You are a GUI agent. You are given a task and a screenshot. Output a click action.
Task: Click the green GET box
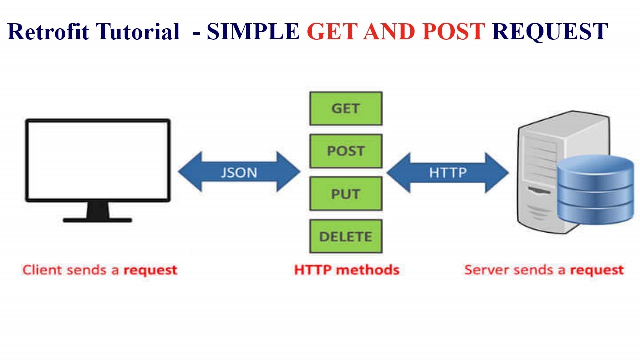tap(346, 108)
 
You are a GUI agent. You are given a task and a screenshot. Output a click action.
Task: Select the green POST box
tap(346, 151)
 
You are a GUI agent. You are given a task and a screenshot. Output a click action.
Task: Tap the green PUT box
tap(346, 194)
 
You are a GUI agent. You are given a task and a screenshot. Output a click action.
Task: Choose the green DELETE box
tap(346, 236)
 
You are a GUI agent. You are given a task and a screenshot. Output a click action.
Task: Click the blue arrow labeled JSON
tap(239, 172)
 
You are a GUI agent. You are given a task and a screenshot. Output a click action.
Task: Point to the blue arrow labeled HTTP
tap(448, 172)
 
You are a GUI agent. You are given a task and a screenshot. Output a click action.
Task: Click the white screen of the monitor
tap(98, 160)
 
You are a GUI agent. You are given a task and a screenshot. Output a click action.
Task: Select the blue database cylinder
tap(595, 190)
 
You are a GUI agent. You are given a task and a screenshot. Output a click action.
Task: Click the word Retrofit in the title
tap(48, 32)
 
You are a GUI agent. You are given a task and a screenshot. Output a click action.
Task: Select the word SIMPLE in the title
tap(253, 32)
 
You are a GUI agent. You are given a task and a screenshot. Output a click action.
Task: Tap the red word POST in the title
tap(453, 32)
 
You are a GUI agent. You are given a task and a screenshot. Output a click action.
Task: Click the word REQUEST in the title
tap(550, 32)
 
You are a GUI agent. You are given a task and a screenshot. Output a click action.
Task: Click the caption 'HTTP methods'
tap(347, 270)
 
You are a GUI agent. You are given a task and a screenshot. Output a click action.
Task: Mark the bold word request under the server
tap(597, 270)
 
